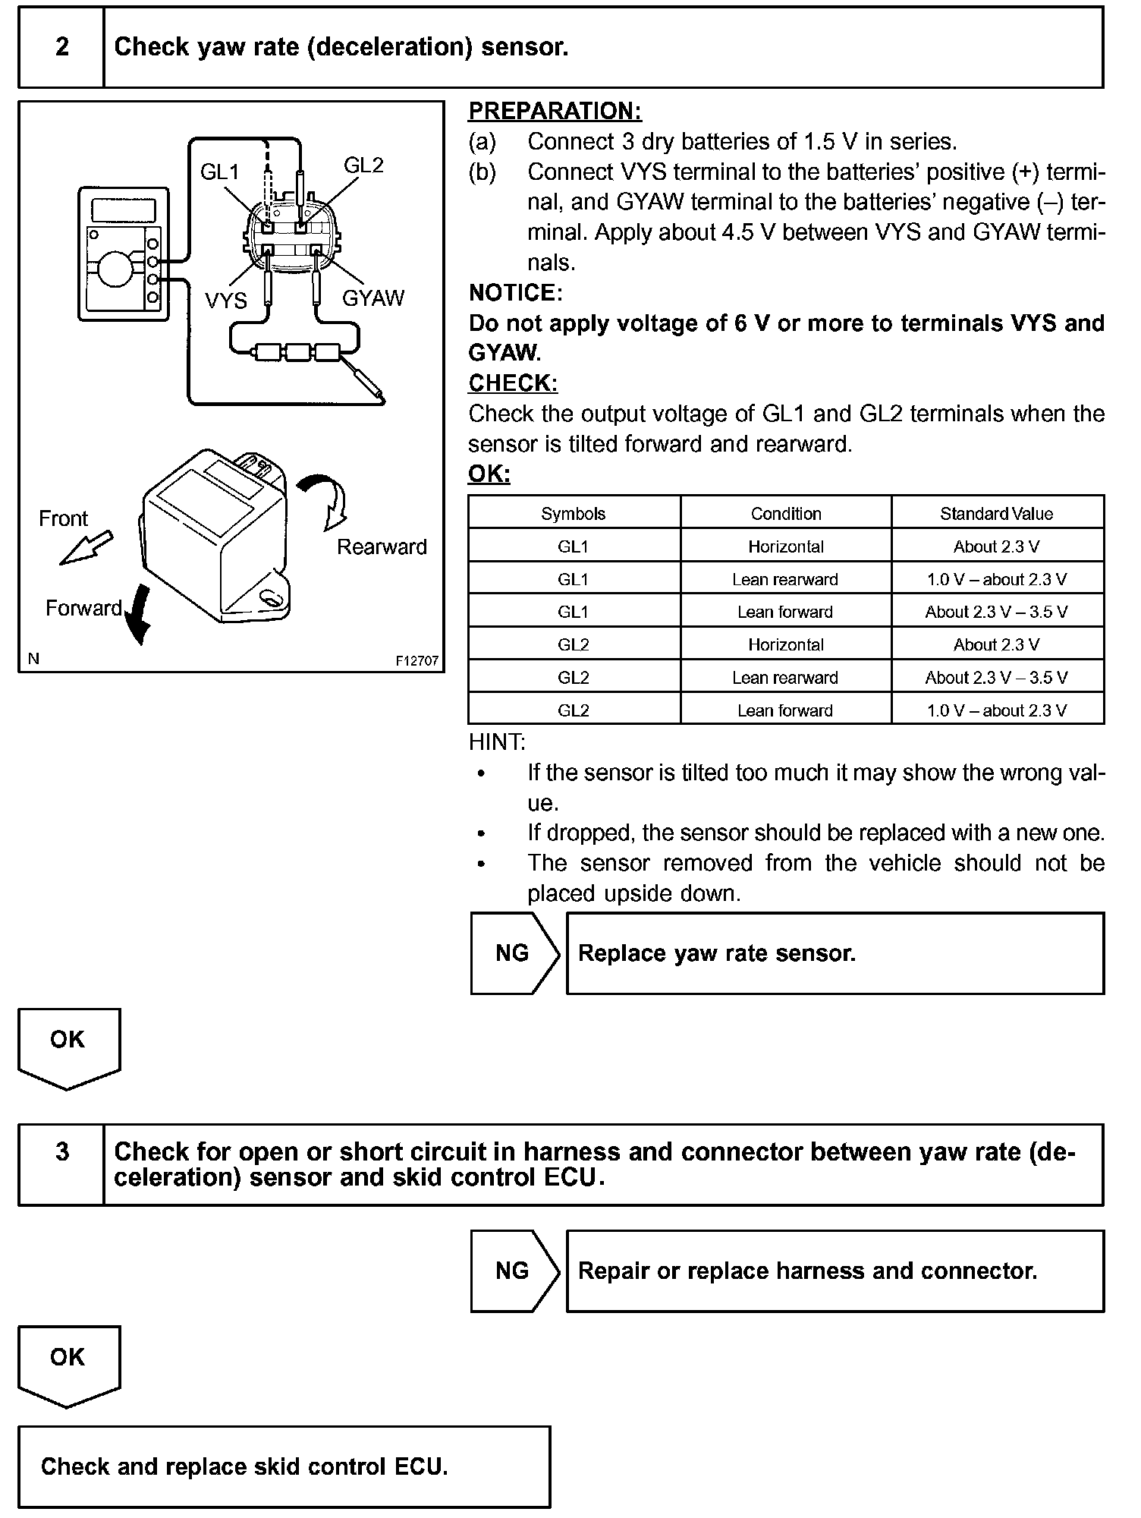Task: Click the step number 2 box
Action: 61,47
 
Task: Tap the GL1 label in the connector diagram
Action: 219,172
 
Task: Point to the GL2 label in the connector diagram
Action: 363,165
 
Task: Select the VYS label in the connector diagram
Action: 225,301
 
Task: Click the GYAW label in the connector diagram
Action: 373,298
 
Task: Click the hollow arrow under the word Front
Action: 86,548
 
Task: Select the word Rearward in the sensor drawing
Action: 382,546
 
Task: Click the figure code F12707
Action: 416,661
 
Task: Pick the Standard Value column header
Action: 996,514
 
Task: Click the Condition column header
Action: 786,514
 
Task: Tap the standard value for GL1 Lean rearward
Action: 996,580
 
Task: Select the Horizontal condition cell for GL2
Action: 786,645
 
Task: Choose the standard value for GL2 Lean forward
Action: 996,711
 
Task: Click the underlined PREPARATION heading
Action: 555,111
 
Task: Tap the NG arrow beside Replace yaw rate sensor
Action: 514,953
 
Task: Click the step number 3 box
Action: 61,1152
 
